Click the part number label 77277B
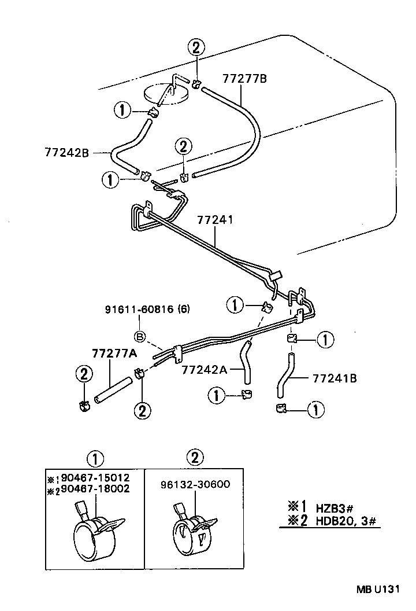click(x=245, y=79)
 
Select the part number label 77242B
click(x=66, y=153)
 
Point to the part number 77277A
click(x=113, y=354)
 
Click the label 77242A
click(x=203, y=369)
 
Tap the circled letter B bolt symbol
click(x=140, y=336)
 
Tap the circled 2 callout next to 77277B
click(x=196, y=48)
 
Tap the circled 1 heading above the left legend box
click(x=95, y=458)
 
